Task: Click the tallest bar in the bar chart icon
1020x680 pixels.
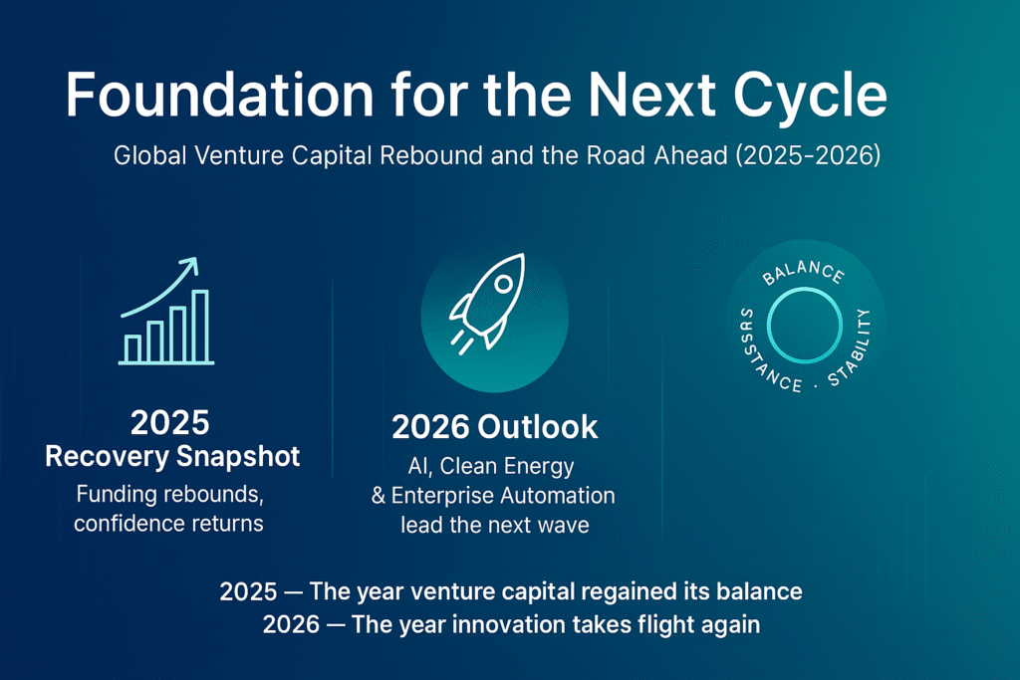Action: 199,326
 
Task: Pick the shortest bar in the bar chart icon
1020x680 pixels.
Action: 132,348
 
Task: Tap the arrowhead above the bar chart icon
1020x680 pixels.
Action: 187,266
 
